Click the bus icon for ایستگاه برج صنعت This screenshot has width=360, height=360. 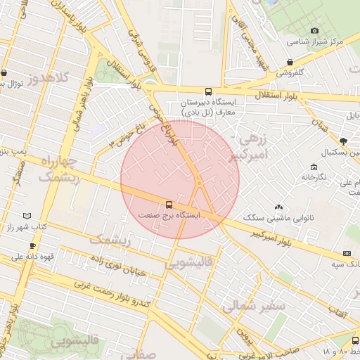(169, 205)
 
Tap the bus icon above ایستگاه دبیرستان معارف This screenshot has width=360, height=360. (207, 91)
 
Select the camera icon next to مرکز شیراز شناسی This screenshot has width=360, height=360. (314, 30)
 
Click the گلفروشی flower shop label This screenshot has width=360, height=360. (289, 72)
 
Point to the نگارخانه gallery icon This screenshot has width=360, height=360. (314, 167)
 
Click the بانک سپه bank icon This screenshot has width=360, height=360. (346, 253)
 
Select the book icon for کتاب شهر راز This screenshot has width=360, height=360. (27, 215)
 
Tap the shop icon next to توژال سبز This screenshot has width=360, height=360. (4, 72)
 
